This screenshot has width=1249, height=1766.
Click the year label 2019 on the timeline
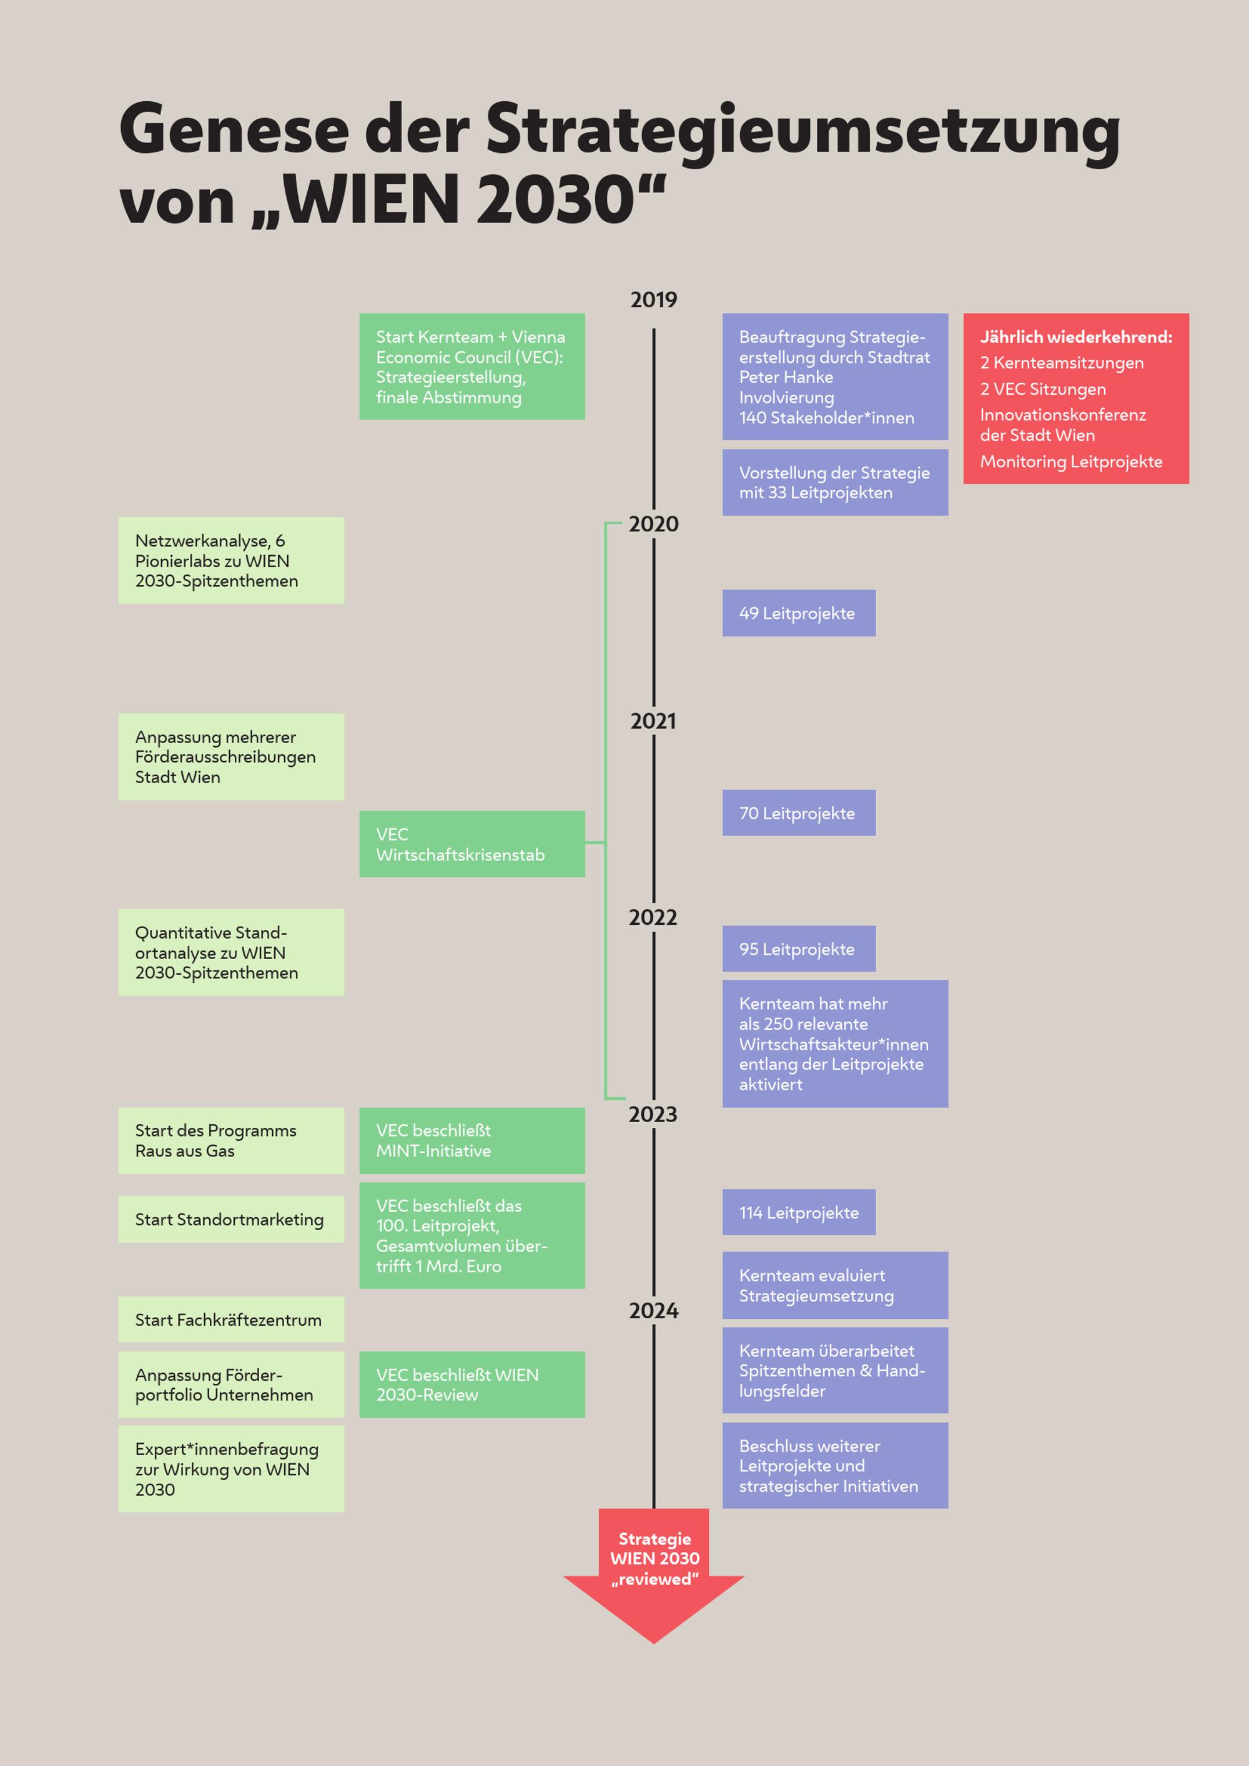click(653, 300)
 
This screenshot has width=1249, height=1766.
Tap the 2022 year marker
click(653, 917)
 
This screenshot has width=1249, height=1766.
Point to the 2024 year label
click(653, 1311)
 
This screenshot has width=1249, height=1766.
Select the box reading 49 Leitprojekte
click(798, 613)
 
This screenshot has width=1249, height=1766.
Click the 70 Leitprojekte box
click(798, 813)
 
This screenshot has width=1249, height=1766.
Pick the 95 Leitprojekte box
click(798, 949)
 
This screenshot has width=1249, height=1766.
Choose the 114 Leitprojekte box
click(798, 1213)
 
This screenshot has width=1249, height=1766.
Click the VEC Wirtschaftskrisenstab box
click(471, 844)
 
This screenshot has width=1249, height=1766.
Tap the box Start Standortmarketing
click(230, 1219)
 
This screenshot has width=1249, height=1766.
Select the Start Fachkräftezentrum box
click(230, 1320)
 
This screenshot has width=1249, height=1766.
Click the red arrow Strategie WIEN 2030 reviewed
click(654, 1569)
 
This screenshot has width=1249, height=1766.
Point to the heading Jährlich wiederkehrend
click(1075, 337)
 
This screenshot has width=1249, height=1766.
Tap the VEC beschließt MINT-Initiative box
click(471, 1141)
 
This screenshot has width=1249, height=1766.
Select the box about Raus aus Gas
click(230, 1141)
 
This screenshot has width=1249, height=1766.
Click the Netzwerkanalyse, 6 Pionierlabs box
click(230, 561)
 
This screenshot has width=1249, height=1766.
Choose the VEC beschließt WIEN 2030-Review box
click(471, 1384)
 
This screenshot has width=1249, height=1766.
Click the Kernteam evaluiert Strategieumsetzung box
click(834, 1285)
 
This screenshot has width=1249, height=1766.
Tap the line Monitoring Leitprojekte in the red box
click(1070, 461)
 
